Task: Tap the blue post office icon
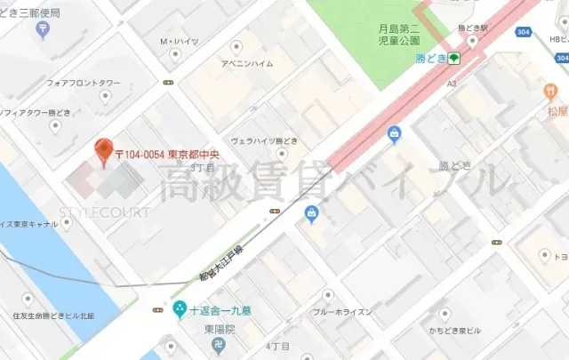pyautogui.click(x=44, y=31)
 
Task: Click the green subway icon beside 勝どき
pyautogui.click(x=453, y=59)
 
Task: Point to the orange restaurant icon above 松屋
pyautogui.click(x=553, y=92)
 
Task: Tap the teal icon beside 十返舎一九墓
pyautogui.click(x=180, y=309)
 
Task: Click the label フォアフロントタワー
pyautogui.click(x=83, y=84)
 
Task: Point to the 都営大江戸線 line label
pyautogui.click(x=222, y=263)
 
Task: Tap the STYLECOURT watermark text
pyautogui.click(x=104, y=212)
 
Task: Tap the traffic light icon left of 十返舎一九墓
pyautogui.click(x=158, y=309)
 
